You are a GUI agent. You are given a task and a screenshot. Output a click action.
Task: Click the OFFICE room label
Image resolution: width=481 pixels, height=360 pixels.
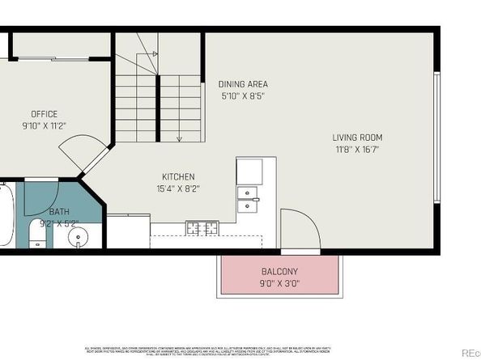[44, 114]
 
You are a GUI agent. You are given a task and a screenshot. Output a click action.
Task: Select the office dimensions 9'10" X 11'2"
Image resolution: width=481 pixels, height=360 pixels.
[44, 125]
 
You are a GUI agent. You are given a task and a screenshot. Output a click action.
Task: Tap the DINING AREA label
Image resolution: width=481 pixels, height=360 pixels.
[243, 84]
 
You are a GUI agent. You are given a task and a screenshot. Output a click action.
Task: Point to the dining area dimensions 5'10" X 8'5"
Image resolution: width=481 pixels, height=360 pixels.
[243, 95]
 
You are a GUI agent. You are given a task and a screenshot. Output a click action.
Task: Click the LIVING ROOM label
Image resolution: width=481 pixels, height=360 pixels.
[359, 138]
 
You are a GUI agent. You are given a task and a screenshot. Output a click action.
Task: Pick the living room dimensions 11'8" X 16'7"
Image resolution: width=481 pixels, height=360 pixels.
[359, 149]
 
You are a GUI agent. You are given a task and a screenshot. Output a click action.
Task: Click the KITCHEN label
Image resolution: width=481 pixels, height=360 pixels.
[178, 177]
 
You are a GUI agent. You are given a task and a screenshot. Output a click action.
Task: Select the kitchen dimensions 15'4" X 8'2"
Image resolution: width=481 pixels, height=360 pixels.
[178, 188]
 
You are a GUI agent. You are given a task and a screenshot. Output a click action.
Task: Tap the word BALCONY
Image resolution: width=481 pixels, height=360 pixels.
[279, 272]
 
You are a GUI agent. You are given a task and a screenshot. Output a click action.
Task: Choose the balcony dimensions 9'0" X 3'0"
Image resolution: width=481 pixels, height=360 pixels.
[279, 284]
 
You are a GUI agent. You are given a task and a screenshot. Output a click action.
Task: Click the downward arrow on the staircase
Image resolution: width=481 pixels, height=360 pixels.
[179, 138]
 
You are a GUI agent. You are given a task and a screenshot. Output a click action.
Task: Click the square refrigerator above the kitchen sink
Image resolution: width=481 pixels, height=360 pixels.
[249, 171]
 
